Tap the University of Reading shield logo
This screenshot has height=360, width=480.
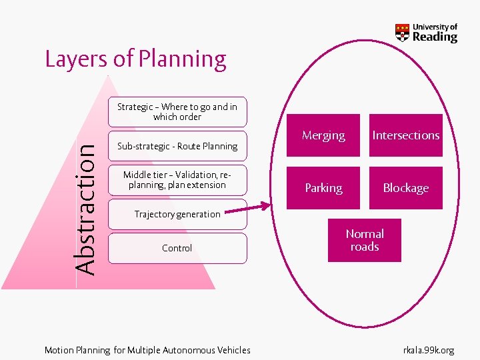[402, 33]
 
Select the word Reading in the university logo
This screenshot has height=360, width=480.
[435, 37]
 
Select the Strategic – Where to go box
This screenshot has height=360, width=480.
[177, 111]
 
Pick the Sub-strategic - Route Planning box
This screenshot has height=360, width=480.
[177, 146]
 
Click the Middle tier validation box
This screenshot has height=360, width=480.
[177, 180]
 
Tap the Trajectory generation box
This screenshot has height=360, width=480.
[177, 214]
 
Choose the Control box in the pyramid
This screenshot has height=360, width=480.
[177, 248]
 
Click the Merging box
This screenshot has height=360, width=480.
[323, 135]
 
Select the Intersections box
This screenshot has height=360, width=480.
[405, 135]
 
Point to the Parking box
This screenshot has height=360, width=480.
[323, 188]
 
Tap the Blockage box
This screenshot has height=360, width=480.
[405, 188]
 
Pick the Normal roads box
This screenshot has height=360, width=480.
[365, 240]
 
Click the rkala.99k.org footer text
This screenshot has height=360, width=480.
[429, 350]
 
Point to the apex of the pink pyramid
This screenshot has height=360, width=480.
[107, 77]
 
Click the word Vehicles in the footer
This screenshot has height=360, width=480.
[233, 350]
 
